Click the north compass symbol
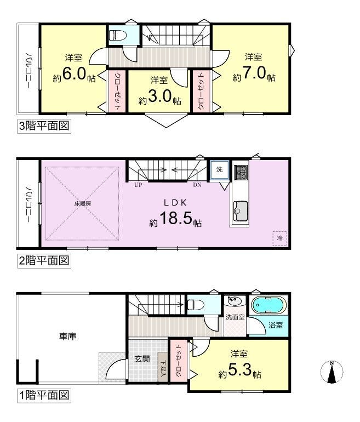332,372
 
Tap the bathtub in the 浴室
268,305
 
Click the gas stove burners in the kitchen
241,172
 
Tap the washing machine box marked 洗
220,169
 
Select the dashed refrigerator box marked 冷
280,238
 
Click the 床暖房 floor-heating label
83,203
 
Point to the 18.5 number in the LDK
176,218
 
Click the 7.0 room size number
255,73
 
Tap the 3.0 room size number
160,96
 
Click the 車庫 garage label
68,336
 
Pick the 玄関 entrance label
142,358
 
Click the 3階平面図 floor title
44,126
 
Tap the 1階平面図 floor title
44,395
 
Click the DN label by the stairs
197,185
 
